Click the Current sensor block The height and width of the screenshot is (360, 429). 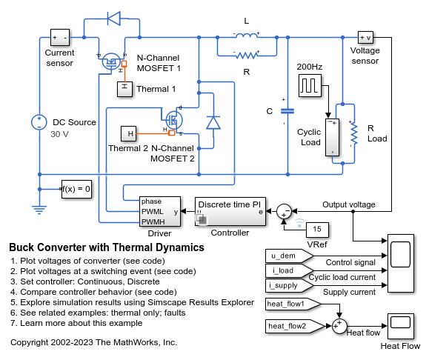pos(60,38)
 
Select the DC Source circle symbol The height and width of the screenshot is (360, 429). pos(39,122)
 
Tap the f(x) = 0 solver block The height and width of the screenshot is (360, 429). pos(76,189)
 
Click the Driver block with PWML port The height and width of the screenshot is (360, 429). pos(160,211)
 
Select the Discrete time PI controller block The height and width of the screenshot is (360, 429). pos(230,211)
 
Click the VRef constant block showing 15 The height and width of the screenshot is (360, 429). pos(317,229)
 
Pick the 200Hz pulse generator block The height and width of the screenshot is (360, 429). pos(310,86)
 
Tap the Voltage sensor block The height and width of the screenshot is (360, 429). pos(365,38)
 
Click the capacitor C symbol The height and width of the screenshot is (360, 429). pos(287,111)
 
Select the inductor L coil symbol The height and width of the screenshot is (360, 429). pos(246,36)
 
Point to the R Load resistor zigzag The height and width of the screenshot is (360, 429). pos(354,133)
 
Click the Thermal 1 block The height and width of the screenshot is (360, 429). pos(124,89)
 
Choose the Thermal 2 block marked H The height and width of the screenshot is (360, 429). pos(129,134)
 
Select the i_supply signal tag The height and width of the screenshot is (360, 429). pos(289,286)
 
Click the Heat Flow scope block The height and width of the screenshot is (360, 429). pos(401,326)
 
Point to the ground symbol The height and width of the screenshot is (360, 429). pos(39,210)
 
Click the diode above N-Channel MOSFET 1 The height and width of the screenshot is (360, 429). pos(113,19)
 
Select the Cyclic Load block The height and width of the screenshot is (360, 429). pos(333,138)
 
